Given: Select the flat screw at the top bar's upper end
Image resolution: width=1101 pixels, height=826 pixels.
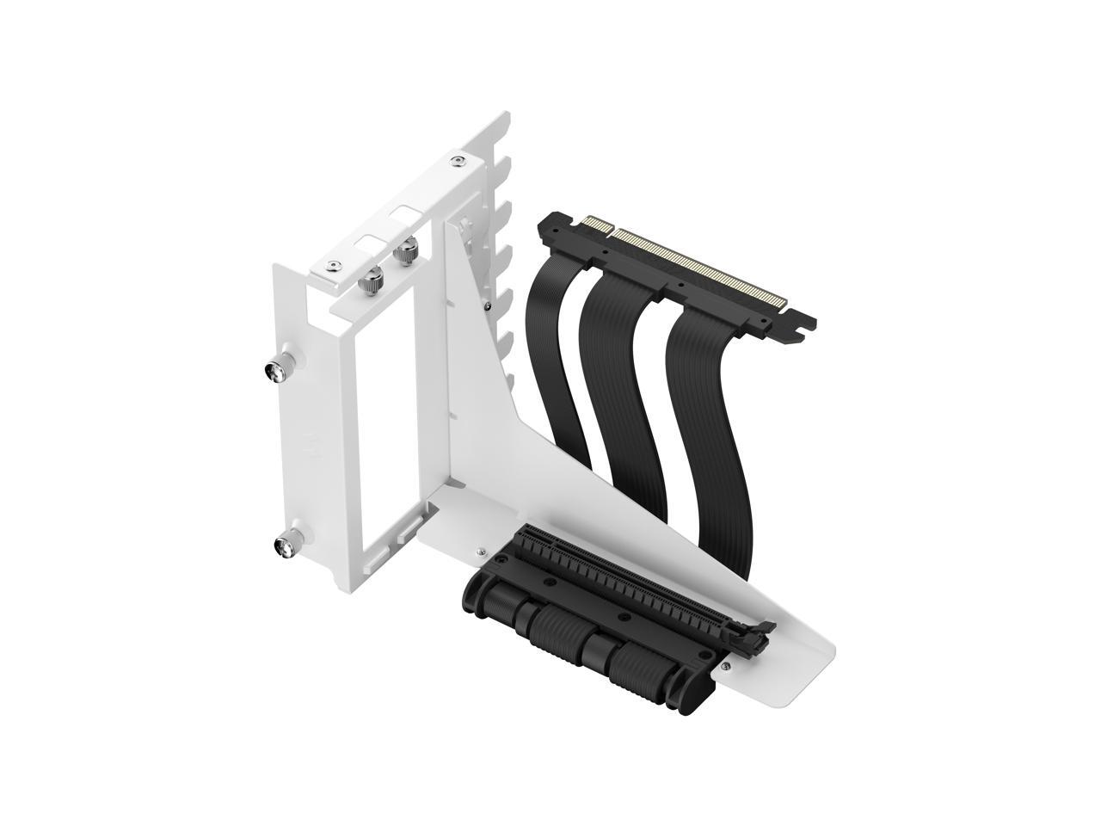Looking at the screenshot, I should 457,161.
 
